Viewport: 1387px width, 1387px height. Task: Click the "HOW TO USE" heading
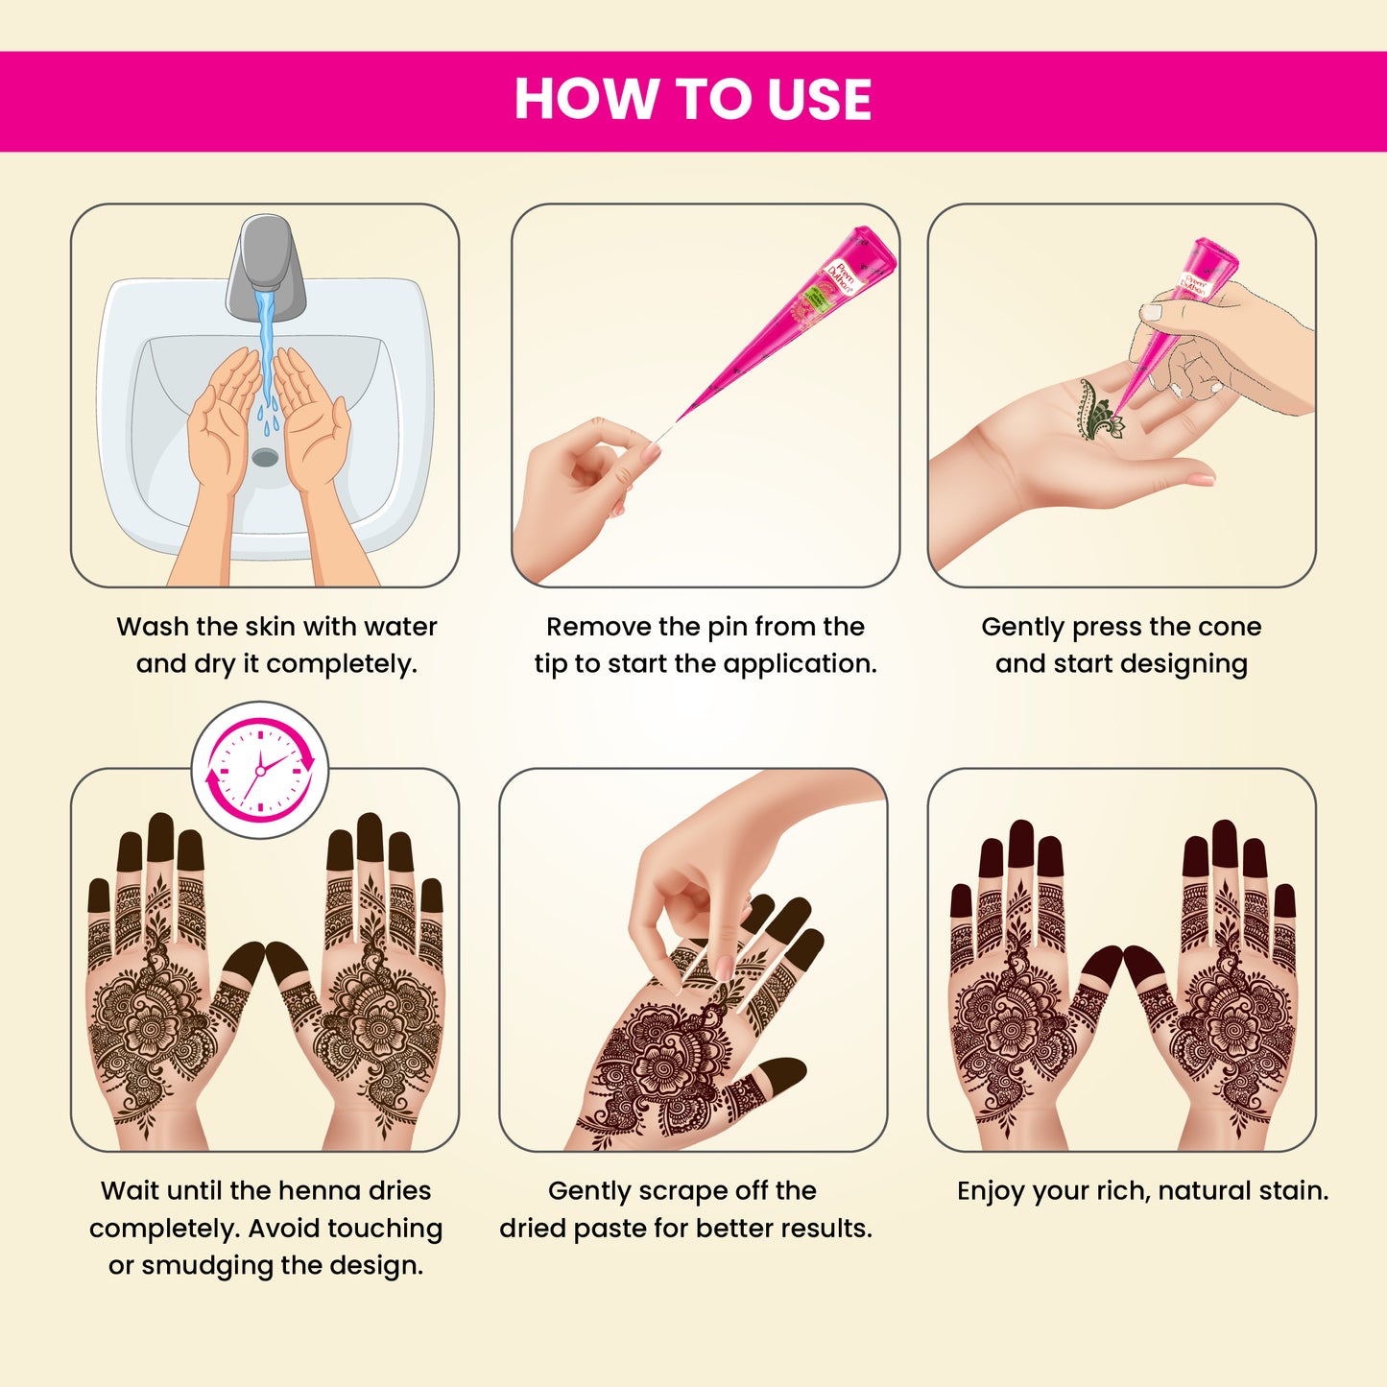[x=692, y=100]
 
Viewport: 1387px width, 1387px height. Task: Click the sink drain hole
[x=265, y=457]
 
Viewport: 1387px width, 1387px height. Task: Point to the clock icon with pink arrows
[x=260, y=771]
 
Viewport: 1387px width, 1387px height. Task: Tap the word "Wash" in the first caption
[x=153, y=627]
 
